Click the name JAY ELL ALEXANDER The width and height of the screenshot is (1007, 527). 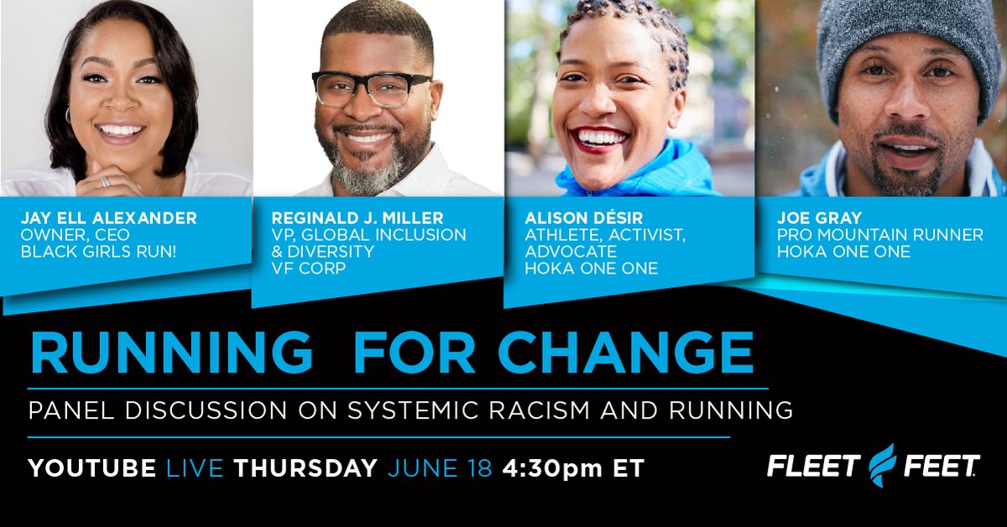point(109,218)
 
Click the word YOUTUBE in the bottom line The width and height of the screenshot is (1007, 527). point(93,468)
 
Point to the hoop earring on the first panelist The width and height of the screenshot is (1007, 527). point(68,115)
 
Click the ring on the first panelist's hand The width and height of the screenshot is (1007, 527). point(104,181)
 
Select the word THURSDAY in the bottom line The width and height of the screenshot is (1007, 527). point(305,468)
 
